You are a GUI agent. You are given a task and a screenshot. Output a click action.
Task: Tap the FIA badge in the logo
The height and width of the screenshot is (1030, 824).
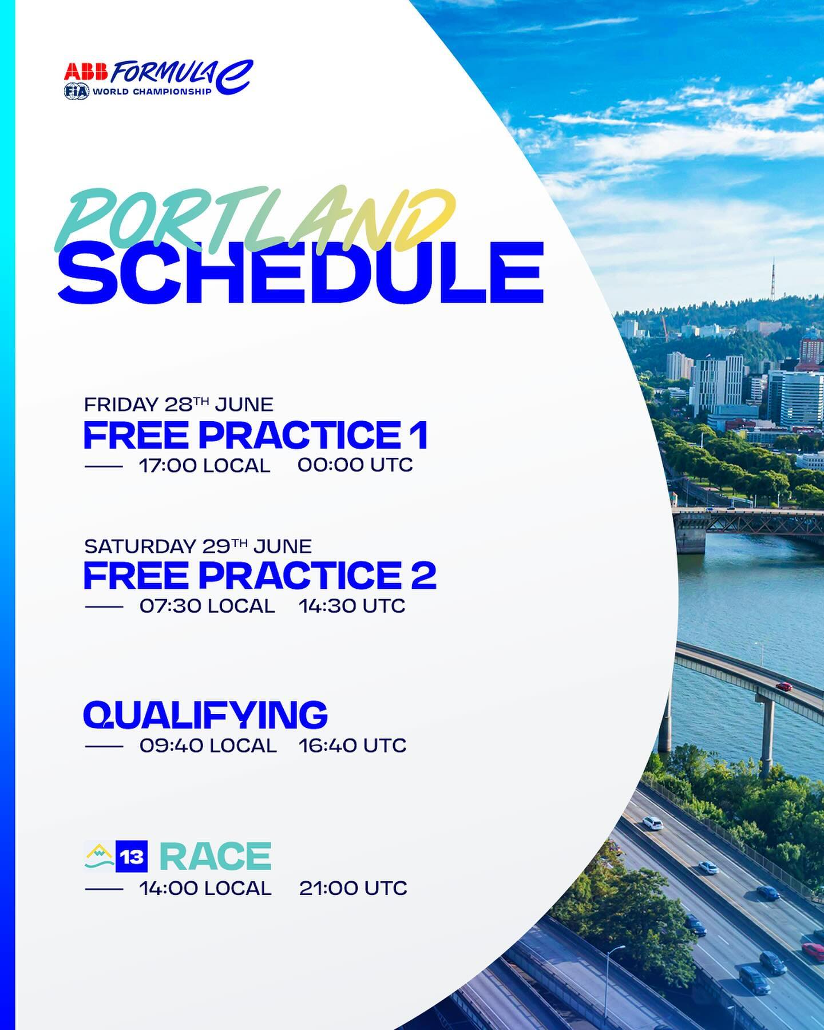77,92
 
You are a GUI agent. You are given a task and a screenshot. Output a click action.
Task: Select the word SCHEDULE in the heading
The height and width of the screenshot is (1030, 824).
300,272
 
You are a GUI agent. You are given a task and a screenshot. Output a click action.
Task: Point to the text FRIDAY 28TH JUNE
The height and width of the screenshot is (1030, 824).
179,404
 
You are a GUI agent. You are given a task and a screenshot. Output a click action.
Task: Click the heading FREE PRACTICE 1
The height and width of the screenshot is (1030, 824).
256,435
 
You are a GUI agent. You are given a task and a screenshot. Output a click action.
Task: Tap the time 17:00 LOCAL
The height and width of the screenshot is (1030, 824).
204,465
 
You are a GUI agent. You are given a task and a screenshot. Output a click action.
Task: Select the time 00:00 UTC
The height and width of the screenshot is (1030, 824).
355,465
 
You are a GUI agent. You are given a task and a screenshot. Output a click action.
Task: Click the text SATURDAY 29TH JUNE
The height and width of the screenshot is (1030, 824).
198,545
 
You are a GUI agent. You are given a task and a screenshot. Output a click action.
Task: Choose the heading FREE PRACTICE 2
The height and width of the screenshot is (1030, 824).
260,575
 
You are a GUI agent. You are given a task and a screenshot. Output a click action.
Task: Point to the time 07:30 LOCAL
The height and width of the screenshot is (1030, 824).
207,606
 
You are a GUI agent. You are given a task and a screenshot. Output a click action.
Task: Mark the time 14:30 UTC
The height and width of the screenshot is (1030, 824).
352,606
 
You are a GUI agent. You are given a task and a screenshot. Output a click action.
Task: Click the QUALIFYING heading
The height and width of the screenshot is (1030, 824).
205,715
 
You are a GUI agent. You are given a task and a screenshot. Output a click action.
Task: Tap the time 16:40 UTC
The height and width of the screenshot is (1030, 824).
352,746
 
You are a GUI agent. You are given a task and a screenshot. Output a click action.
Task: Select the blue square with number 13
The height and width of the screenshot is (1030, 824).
132,857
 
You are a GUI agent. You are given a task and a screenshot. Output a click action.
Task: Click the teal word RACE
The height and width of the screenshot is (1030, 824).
215,857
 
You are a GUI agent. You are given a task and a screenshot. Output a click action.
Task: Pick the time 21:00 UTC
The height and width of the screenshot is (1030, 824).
353,888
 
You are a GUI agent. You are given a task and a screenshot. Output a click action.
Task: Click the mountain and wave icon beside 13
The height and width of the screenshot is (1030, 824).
99,857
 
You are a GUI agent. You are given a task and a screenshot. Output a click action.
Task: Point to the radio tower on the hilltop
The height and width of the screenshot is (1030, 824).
772,280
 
